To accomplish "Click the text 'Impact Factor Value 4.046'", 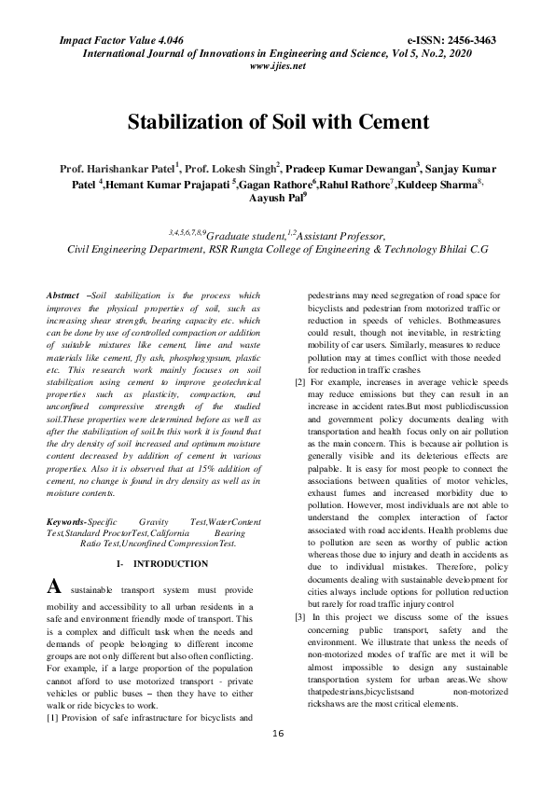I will pyautogui.click(x=121, y=42).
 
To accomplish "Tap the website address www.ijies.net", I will pyautogui.click(x=278, y=66).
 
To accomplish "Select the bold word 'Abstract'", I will pyautogui.click(x=62, y=296).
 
